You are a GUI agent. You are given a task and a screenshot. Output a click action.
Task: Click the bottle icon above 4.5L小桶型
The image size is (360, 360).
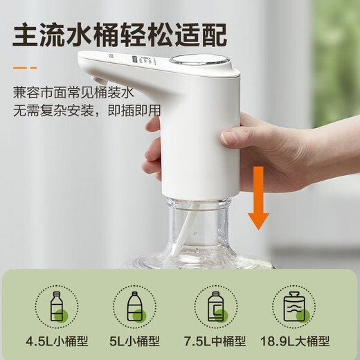click(x=58, y=305)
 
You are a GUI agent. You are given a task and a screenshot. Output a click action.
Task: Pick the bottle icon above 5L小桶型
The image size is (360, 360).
click(x=136, y=305)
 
